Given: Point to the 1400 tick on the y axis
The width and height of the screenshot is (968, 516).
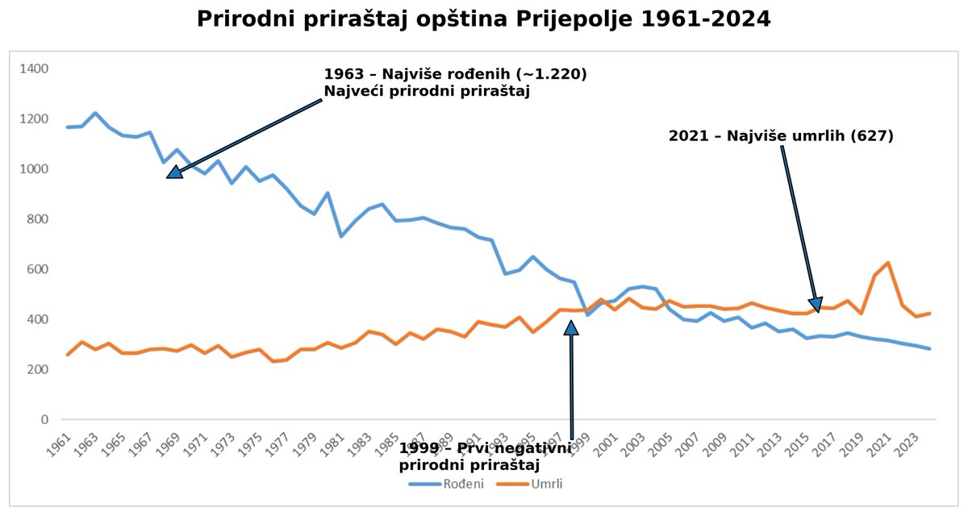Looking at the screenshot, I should (x=35, y=69).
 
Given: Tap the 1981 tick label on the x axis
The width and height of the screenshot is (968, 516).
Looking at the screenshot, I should (x=335, y=443).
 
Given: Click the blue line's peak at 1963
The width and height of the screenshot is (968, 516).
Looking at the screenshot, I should (x=95, y=113).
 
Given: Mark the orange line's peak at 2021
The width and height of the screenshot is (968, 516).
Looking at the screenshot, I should (x=888, y=263).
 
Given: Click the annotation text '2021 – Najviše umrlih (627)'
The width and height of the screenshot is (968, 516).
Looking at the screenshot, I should (x=781, y=136).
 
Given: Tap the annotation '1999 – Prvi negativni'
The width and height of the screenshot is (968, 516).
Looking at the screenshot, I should (x=485, y=448).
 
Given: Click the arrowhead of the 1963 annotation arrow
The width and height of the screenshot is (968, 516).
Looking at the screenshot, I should (x=175, y=171).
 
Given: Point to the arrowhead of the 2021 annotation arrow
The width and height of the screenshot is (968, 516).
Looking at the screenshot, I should (x=816, y=301).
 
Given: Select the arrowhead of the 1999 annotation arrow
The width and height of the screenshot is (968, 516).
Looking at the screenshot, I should (x=571, y=326).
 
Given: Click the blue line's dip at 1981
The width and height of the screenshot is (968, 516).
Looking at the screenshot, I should (x=341, y=235).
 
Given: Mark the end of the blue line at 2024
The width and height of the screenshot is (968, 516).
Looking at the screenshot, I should (x=929, y=349).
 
